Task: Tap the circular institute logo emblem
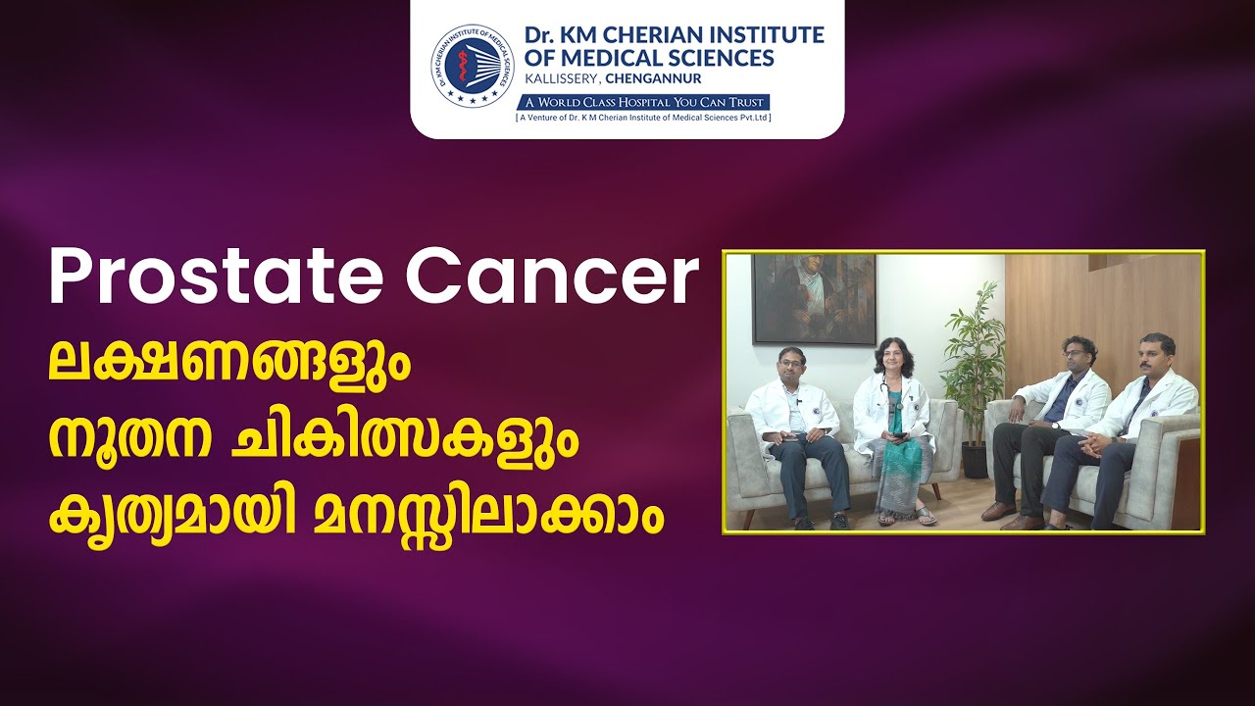pos(473,66)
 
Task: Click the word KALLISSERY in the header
pos(561,79)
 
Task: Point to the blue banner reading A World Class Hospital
pos(642,103)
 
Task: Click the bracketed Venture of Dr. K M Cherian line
pos(643,118)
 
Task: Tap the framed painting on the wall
pos(814,298)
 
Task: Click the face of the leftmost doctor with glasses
pos(791,366)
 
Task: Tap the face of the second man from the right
pos(1079,356)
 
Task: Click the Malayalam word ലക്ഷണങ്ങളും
pos(229,360)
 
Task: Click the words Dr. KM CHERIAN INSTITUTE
pos(675,35)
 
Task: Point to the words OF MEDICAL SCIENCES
pos(649,58)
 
